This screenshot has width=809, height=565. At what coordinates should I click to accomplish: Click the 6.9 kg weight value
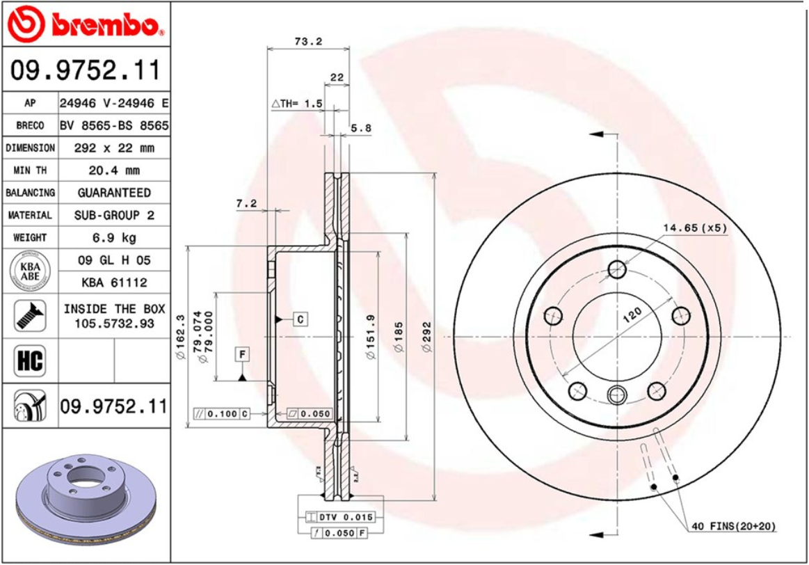pyautogui.click(x=114, y=237)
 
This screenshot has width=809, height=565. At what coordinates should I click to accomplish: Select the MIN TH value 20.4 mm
pyautogui.click(x=114, y=170)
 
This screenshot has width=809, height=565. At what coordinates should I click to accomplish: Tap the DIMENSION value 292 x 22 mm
pyautogui.click(x=114, y=148)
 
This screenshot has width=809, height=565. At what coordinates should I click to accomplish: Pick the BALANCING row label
pyautogui.click(x=30, y=193)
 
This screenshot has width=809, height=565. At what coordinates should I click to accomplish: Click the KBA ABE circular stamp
pyautogui.click(x=29, y=271)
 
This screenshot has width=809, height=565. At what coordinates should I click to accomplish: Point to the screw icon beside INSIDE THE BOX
pyautogui.click(x=29, y=315)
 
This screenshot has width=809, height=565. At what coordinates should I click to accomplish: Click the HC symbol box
pyautogui.click(x=29, y=360)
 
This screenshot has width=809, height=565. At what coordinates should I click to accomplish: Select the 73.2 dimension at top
pyautogui.click(x=308, y=41)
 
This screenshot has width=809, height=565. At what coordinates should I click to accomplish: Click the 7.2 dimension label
pyautogui.click(x=246, y=203)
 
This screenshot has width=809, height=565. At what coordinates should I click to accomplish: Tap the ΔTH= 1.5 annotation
pyautogui.click(x=297, y=104)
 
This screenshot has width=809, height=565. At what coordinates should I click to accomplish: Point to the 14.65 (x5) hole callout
pyautogui.click(x=694, y=228)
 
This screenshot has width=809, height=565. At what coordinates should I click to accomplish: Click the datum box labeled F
pyautogui.click(x=242, y=354)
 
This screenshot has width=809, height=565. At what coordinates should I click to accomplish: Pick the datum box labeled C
pyautogui.click(x=300, y=319)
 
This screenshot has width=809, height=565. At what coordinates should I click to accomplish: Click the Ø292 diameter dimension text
pyautogui.click(x=427, y=336)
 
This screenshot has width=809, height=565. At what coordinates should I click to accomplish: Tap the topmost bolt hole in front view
pyautogui.click(x=616, y=269)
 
